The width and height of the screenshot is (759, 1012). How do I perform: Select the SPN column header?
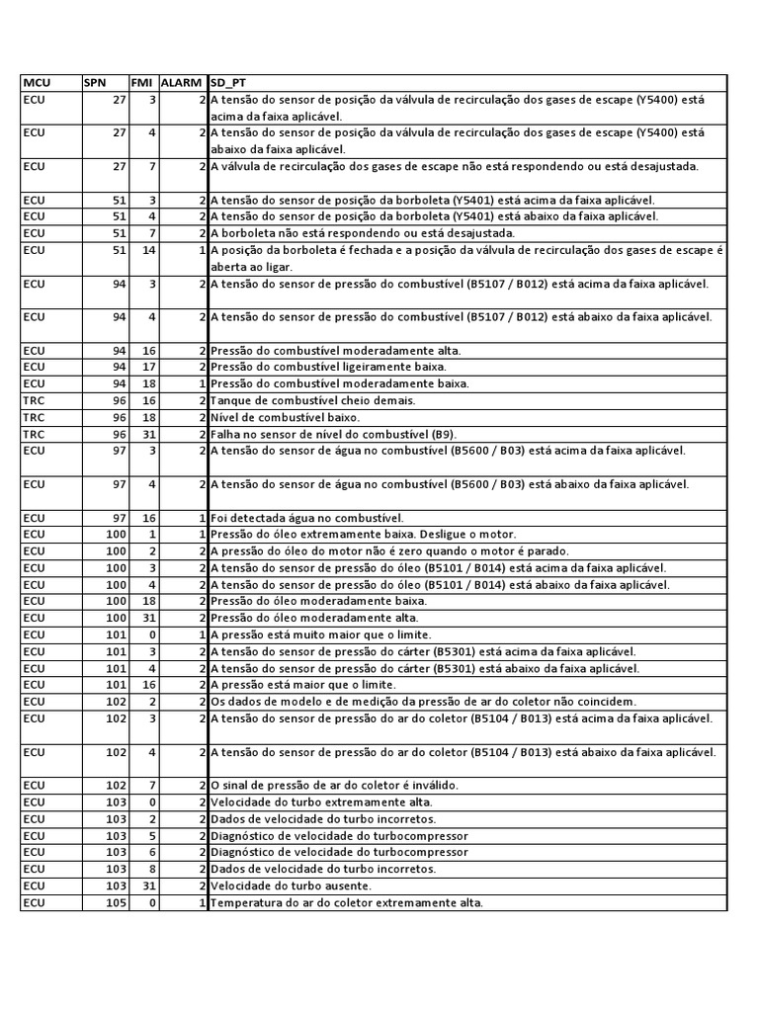pos(95,83)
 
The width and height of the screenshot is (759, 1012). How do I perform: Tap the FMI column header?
pos(141,83)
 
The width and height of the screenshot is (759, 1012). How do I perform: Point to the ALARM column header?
pos(181,83)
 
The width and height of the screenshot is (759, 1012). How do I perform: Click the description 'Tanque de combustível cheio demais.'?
pos(299,400)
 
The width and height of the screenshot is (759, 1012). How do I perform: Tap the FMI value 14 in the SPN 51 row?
pos(148,250)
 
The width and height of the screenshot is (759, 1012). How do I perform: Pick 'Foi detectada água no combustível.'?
pos(307,518)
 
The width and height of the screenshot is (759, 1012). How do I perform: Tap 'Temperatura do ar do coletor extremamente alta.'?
pos(347,903)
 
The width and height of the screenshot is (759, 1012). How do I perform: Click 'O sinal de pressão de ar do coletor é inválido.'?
pos(334,786)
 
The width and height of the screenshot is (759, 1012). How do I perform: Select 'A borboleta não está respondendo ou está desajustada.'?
pos(363,233)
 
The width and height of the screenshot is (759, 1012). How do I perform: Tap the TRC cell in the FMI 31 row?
pos(34,434)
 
